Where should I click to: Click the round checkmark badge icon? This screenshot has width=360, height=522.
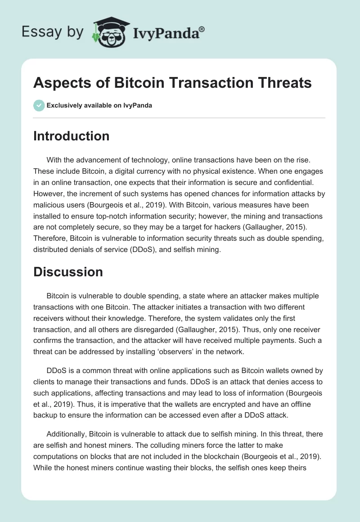39,105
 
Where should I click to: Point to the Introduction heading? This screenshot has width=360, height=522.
71,136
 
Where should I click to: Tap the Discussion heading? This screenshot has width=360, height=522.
68,272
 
